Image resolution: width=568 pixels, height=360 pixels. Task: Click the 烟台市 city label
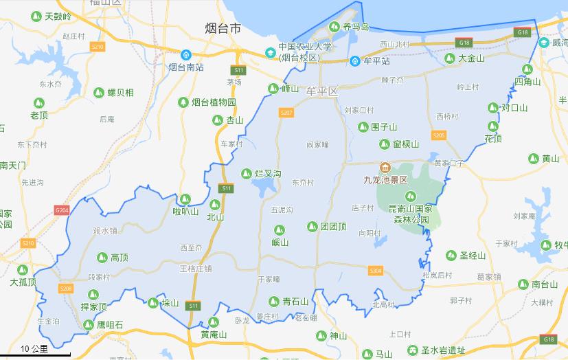(x=223, y=28)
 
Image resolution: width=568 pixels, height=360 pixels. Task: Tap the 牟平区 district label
(x=323, y=91)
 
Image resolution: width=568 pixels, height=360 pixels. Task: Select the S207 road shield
(x=286, y=112)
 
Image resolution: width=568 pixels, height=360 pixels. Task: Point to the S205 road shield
(x=439, y=135)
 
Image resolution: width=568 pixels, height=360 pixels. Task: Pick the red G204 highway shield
(x=62, y=210)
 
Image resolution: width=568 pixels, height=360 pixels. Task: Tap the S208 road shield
(x=66, y=288)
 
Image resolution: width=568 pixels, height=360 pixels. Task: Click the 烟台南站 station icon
(x=185, y=55)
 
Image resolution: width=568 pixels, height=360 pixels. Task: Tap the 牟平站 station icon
(x=354, y=60)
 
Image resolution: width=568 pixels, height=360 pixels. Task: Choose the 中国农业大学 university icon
(x=271, y=52)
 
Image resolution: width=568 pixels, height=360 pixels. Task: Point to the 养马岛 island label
(x=356, y=27)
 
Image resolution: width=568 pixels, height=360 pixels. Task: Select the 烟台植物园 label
(x=213, y=102)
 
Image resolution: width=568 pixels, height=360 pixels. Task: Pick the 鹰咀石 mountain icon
(x=88, y=324)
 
